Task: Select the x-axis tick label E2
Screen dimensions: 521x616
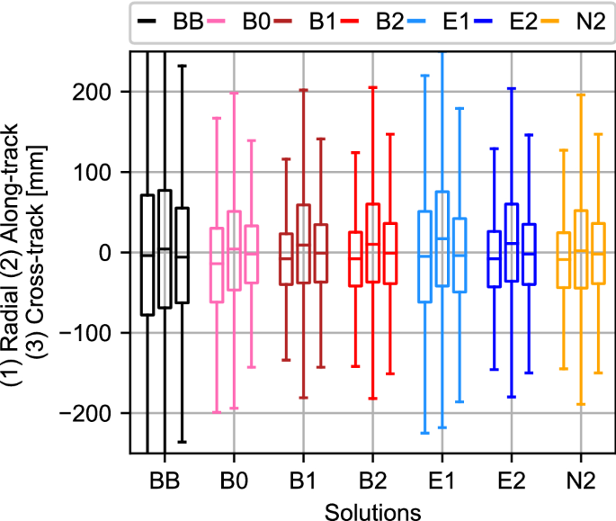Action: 512,480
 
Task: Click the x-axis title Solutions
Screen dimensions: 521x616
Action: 372,509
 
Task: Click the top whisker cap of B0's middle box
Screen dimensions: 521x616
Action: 234,93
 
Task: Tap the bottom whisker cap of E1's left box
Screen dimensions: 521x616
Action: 424,433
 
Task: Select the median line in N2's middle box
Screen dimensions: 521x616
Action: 581,250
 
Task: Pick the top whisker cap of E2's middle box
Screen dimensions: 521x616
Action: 512,89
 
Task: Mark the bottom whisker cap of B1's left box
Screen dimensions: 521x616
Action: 286,360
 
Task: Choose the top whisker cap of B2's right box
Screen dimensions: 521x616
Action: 390,134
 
